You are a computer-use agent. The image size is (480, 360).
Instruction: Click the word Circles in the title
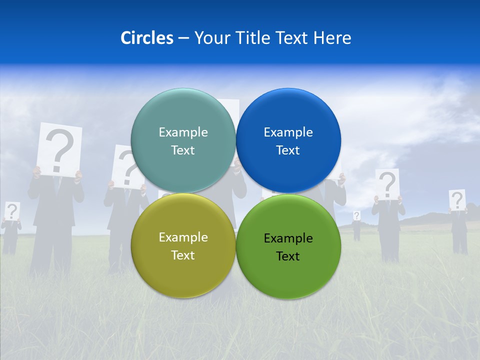point(146,38)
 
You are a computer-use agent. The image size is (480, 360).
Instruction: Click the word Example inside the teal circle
point(183,132)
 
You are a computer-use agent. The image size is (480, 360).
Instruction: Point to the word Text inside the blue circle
point(288,150)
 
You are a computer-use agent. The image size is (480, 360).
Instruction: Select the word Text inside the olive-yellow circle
point(183,255)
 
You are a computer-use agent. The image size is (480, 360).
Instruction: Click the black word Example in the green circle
point(288,238)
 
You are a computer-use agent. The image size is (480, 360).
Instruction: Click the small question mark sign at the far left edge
point(12,210)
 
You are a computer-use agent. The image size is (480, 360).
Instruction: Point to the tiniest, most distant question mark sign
point(356,215)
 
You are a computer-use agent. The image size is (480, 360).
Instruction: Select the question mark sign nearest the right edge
point(457,200)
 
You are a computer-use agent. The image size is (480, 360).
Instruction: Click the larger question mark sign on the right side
point(387,183)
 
